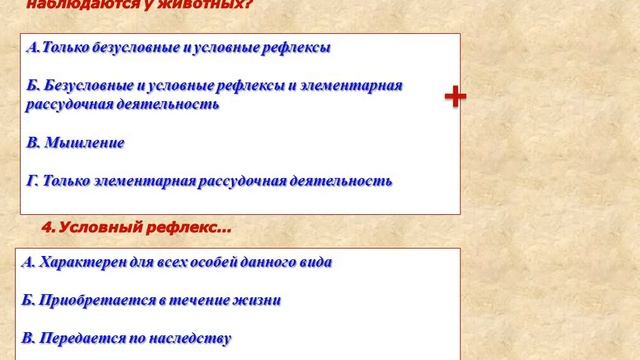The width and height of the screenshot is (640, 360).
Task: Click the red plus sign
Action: (x=455, y=97)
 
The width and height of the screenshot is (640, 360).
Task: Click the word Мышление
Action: (x=91, y=143)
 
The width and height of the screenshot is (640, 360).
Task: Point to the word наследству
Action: (x=194, y=337)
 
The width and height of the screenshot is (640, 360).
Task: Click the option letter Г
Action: (x=32, y=181)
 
